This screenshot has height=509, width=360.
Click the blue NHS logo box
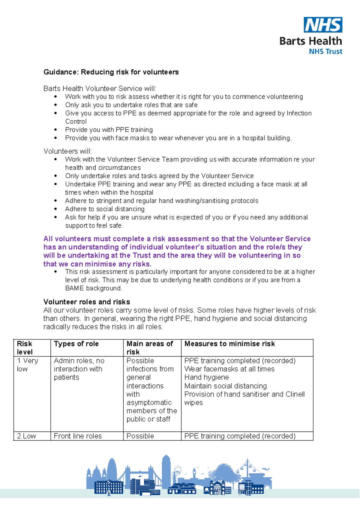coord(323,25)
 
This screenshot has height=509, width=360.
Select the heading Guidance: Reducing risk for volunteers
coord(111,72)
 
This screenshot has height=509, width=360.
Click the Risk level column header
coord(25,348)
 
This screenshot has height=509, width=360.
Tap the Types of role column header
coord(76,344)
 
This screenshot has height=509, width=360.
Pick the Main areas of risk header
coord(150,348)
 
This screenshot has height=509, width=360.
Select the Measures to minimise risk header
coord(229,344)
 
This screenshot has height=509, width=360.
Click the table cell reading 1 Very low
coord(27,365)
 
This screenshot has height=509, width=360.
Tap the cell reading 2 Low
coord(26,436)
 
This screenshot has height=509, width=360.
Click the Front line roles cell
coord(78,436)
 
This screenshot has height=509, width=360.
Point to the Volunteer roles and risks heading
coord(87,302)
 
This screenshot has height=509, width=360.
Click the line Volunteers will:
coord(68,151)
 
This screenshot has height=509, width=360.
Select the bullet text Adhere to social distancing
coord(105,209)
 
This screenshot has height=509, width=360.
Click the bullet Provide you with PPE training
coord(109,130)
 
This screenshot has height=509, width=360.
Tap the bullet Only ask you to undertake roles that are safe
coord(131,105)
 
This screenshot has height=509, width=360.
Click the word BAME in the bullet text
coord(74,288)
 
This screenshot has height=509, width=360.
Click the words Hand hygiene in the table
coord(206,377)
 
